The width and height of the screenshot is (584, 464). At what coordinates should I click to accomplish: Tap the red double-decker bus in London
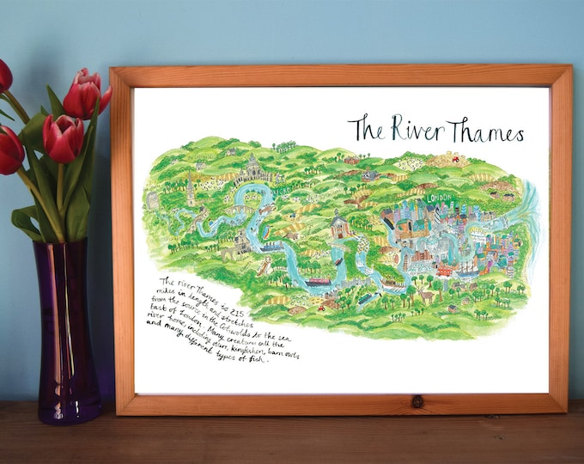click(x=444, y=270)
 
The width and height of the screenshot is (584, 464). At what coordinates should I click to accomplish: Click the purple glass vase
click(x=68, y=335)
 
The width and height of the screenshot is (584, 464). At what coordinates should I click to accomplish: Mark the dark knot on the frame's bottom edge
click(x=417, y=402)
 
